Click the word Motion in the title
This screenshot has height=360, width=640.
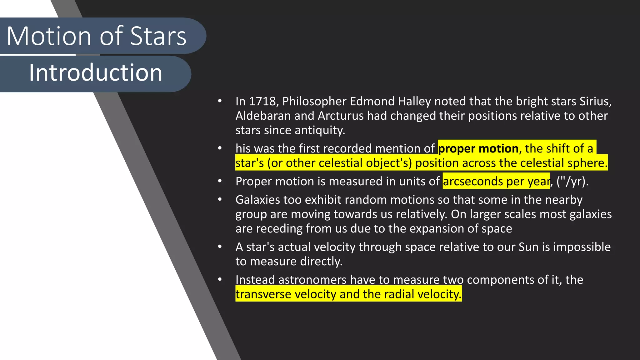48,36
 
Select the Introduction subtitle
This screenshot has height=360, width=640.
96,73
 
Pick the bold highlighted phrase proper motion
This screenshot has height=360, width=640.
478,149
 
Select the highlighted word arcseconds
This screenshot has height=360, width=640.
473,182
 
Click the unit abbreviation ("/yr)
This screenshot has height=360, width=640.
572,182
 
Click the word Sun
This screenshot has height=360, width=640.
528,247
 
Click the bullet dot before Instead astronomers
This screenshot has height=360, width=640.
220,279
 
